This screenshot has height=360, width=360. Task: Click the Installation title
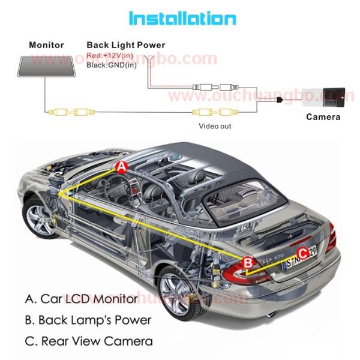coord(182,18)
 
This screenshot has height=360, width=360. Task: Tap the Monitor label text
coord(46,45)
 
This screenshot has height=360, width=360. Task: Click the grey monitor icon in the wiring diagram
coord(47,67)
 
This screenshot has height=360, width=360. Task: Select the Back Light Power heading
coord(126,45)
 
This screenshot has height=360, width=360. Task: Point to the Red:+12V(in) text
coord(110,55)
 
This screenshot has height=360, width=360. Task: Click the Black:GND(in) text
coord(112,65)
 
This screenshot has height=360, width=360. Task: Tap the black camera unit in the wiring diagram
coord(334,97)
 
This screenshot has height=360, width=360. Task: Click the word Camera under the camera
coord(323,117)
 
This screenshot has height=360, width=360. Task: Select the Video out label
coord(215,126)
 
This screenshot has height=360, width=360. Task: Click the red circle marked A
coord(122,167)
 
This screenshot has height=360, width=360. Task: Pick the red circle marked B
coord(248,262)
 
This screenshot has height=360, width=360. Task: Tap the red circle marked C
coord(303,253)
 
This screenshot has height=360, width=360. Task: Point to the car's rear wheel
coord(178,295)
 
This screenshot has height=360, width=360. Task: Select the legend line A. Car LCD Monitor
coord(81,299)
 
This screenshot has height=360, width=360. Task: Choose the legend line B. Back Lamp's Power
coord(88,320)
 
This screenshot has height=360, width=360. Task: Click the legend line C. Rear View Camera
coord(89,341)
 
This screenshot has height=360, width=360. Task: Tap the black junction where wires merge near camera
coord(280,100)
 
